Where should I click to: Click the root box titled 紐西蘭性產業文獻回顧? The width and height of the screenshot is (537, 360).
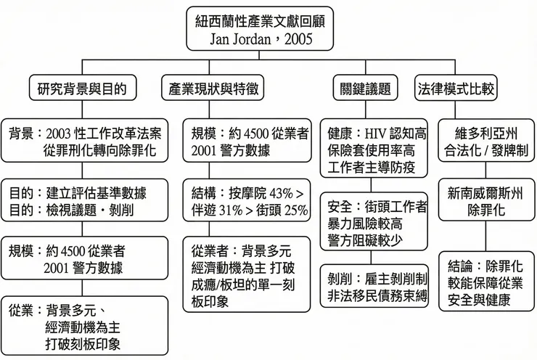pos(260,30)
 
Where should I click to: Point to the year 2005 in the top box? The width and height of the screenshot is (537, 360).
pos(297,39)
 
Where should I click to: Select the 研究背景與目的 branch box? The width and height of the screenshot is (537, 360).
pos(82,90)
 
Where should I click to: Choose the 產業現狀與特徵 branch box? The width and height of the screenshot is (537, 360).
pos(212,90)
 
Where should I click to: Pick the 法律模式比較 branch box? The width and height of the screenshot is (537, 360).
pos(456,90)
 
